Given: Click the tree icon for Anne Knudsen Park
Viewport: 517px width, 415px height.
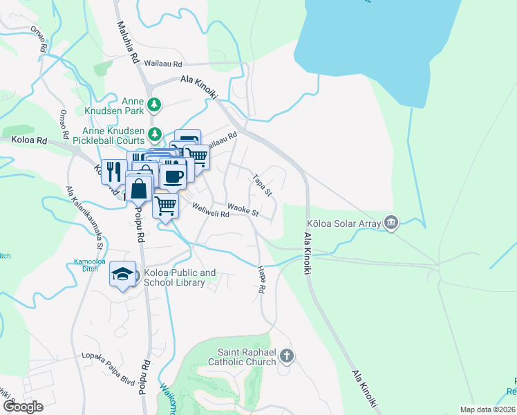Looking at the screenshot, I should pyautogui.click(x=156, y=105).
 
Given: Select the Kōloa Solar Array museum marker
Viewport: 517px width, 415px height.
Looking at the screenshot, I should pyautogui.click(x=391, y=222).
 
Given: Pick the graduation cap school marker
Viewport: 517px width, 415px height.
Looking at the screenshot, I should pyautogui.click(x=122, y=274).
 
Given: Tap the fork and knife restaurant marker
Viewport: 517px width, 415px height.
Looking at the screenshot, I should pyautogui.click(x=114, y=170).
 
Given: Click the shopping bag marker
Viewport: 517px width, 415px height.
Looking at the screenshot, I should pyautogui.click(x=139, y=187).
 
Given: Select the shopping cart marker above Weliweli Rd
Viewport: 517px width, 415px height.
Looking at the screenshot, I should pyautogui.click(x=165, y=205).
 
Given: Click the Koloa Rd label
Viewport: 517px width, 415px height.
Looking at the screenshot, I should pyautogui.click(x=29, y=140).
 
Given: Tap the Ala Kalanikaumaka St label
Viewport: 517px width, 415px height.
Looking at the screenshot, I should pyautogui.click(x=84, y=217).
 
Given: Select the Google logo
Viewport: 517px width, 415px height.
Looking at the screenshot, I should pyautogui.click(x=23, y=406).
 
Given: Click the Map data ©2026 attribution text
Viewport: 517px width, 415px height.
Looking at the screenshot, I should pyautogui.click(x=487, y=409).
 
